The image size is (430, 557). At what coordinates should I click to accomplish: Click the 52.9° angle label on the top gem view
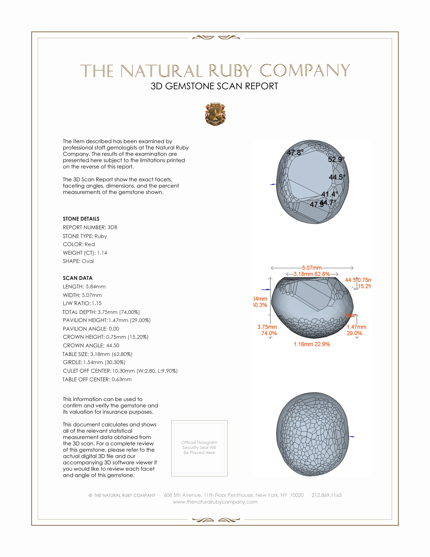click(x=336, y=160)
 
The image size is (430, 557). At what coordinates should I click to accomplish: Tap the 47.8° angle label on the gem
click(x=295, y=152)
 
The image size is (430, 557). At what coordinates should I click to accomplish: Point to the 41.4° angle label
click(x=330, y=194)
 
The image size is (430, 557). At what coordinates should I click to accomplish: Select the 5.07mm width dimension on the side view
click(x=312, y=268)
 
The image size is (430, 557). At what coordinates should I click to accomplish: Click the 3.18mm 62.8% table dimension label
click(x=312, y=274)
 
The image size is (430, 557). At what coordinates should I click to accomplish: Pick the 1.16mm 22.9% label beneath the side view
click(x=312, y=344)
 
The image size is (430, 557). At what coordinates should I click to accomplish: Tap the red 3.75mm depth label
click(x=267, y=327)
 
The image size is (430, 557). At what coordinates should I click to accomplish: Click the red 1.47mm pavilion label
click(x=356, y=327)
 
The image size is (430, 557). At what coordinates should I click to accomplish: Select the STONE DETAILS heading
click(x=81, y=219)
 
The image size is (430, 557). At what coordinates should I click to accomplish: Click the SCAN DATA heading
click(x=78, y=278)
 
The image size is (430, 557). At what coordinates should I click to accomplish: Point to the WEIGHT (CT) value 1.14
click(x=102, y=253)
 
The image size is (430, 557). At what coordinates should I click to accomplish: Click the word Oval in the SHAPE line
click(x=88, y=261)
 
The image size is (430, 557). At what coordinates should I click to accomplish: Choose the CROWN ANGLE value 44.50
click(x=113, y=346)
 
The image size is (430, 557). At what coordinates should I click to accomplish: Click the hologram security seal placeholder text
click(x=199, y=448)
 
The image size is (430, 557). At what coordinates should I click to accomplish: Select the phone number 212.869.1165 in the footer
click(x=327, y=495)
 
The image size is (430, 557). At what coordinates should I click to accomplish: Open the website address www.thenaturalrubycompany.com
click(x=215, y=502)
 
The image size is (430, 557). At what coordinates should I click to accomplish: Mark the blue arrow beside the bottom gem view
click(x=352, y=437)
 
